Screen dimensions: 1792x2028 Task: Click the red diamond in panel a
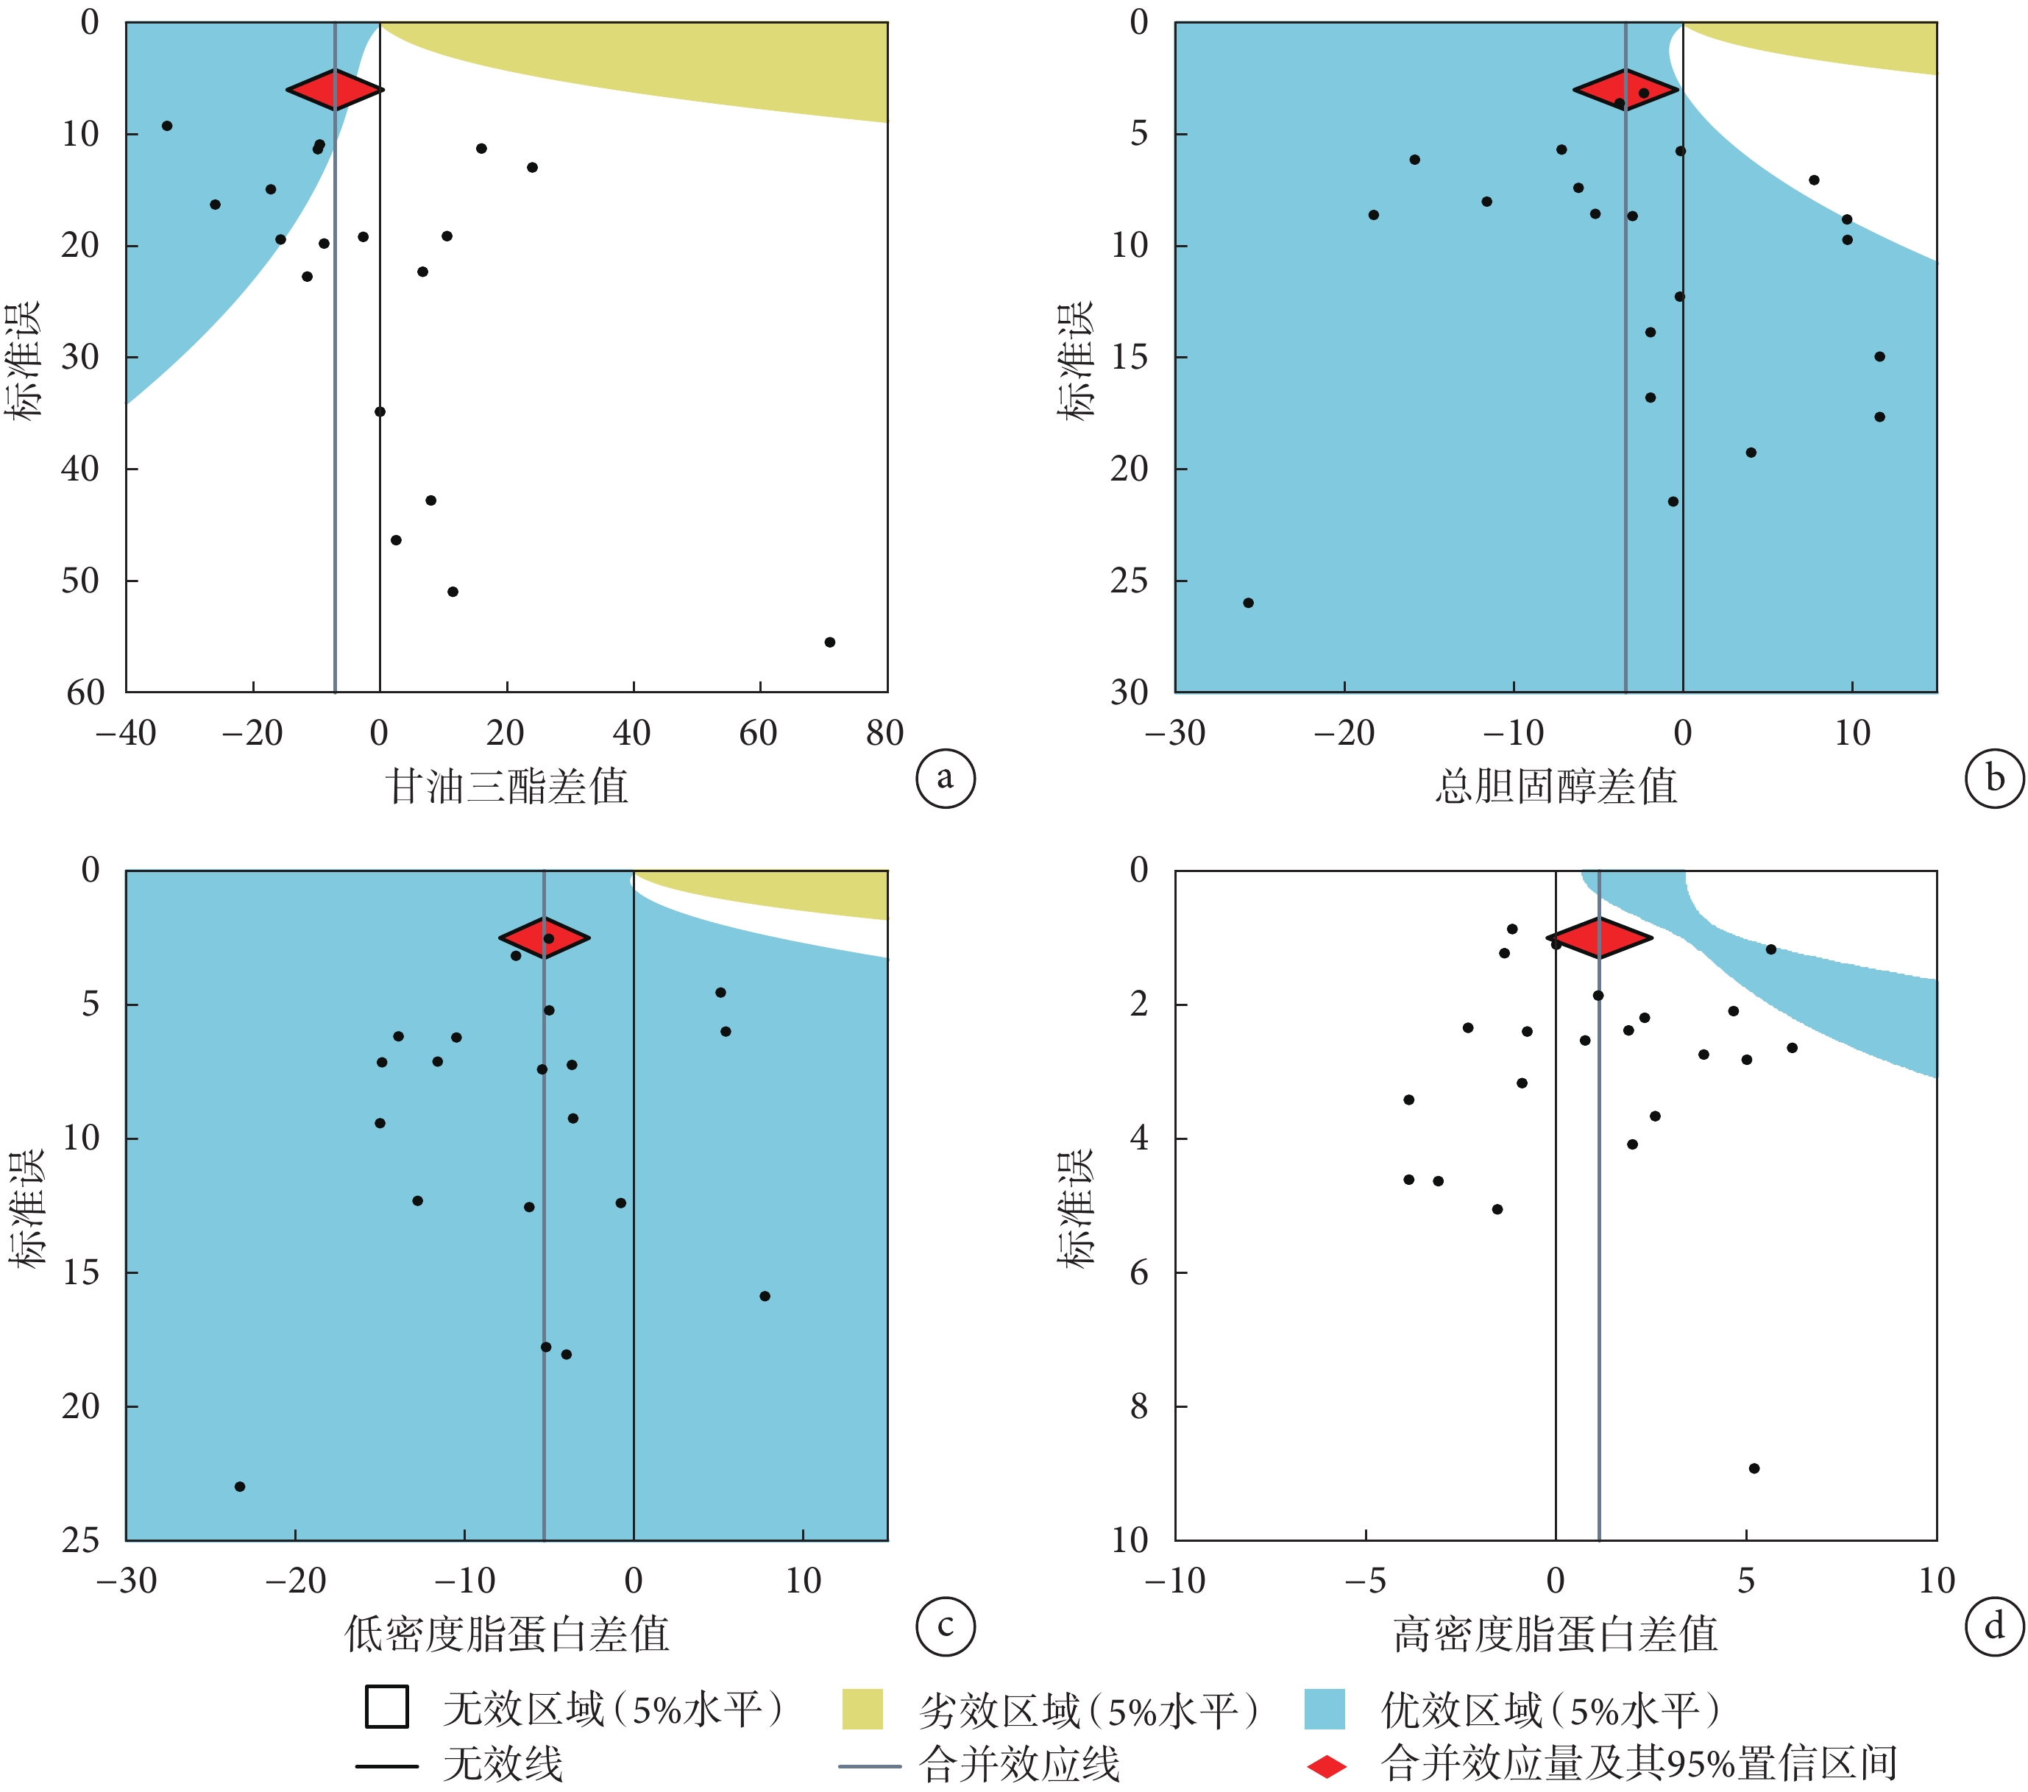click(336, 89)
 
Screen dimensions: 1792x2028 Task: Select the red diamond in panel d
click(1598, 938)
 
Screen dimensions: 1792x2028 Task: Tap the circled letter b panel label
click(1993, 779)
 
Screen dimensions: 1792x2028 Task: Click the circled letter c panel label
click(945, 1626)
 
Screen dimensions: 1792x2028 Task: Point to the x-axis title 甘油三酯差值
click(506, 787)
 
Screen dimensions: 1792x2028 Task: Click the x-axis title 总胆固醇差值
click(1555, 787)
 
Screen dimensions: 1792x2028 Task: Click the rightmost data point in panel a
click(829, 642)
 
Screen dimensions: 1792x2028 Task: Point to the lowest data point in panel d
click(1754, 1468)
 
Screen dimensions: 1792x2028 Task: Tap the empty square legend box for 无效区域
click(387, 1707)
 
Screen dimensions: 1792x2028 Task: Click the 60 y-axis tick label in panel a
click(85, 693)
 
